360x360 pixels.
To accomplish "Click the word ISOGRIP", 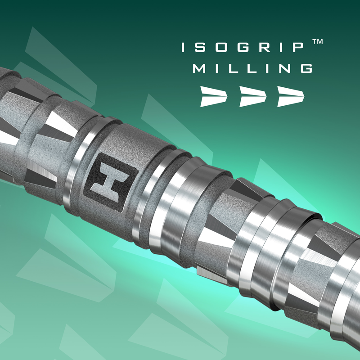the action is [x=243, y=47].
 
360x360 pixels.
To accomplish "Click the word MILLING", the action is [x=252, y=69].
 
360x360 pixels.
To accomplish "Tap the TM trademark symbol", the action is [x=318, y=41].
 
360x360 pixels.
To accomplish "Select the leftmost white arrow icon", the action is [x=214, y=96].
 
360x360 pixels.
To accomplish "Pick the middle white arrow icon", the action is [x=253, y=96].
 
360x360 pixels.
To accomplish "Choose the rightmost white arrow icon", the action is [x=291, y=96].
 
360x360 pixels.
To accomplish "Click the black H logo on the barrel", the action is [x=110, y=182].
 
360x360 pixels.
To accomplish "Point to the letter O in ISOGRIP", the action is [x=221, y=47].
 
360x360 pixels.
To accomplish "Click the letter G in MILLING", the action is [x=306, y=69].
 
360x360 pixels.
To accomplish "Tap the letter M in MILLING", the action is [x=199, y=69].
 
